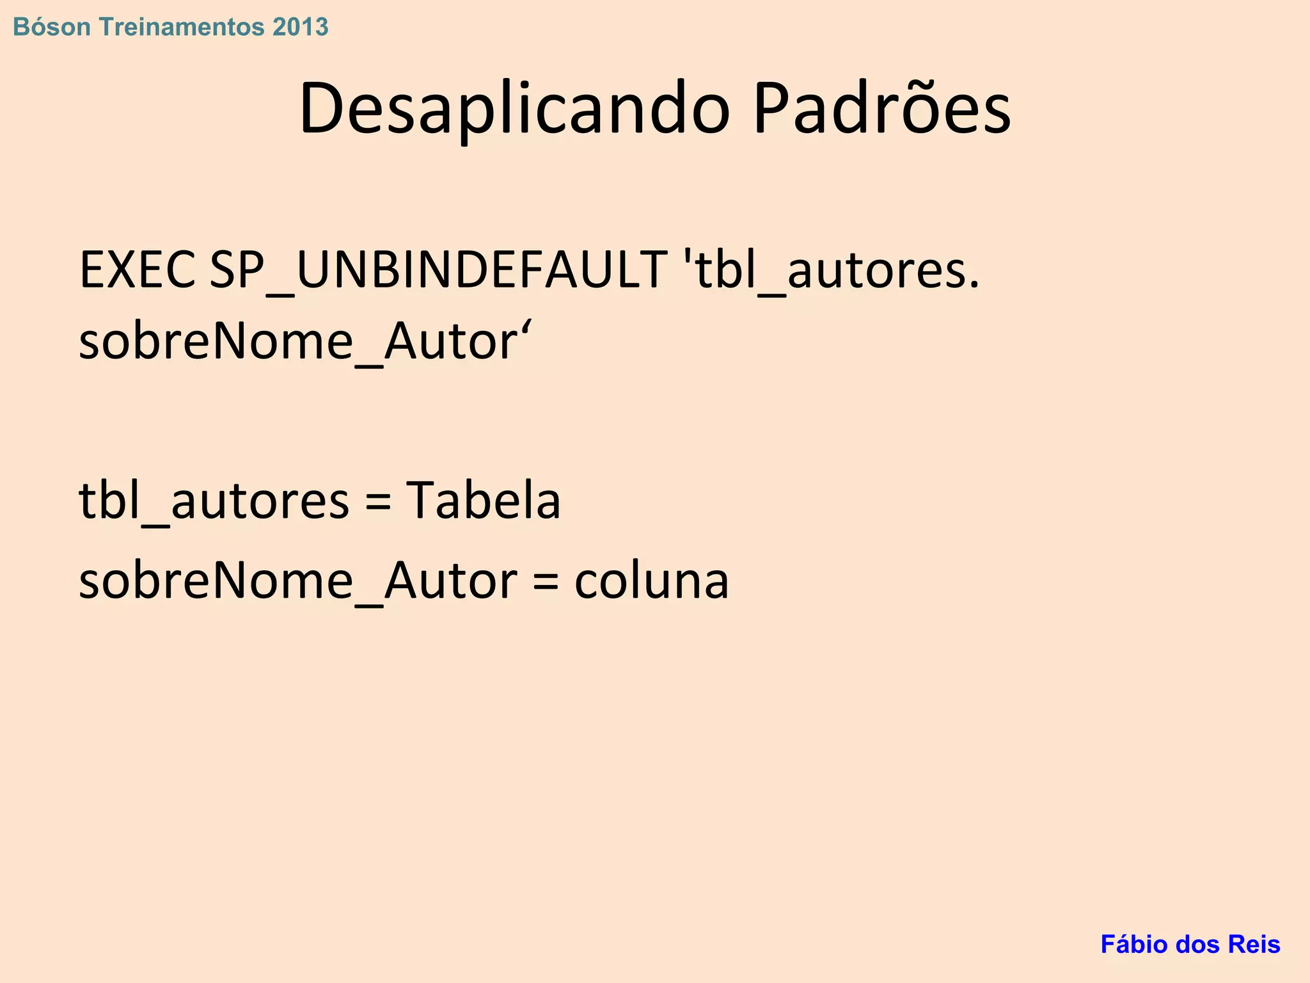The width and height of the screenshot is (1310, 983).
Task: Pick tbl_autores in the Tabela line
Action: tap(214, 501)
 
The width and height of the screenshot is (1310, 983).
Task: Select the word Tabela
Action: tap(484, 500)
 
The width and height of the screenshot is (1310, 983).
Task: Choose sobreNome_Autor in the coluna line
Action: tap(297, 581)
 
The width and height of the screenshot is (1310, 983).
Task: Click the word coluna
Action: tap(651, 581)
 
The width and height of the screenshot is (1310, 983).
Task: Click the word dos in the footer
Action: tap(1199, 945)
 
